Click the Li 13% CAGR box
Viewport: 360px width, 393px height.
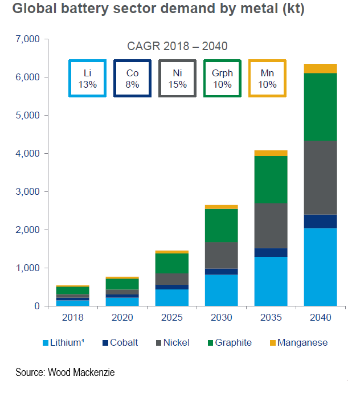(87, 79)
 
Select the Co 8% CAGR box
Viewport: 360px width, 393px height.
(132, 79)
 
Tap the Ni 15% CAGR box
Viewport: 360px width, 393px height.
(177, 79)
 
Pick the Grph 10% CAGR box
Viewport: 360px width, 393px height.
(222, 79)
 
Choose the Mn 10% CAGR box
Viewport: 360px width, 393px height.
(267, 79)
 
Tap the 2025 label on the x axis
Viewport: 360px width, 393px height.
(171, 317)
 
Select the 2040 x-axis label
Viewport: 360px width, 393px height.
(320, 317)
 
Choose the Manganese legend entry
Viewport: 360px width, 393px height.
(302, 343)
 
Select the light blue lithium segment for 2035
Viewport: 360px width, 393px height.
(271, 281)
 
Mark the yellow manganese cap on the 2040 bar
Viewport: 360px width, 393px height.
(320, 68)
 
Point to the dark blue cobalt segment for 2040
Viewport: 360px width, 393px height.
(320, 221)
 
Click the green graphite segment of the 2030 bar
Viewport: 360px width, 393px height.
(221, 226)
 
